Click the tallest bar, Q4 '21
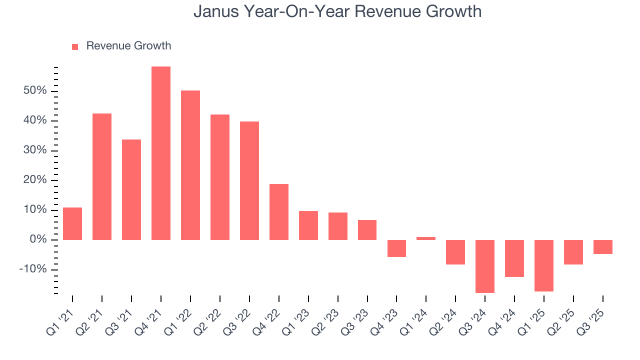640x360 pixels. pyautogui.click(x=161, y=153)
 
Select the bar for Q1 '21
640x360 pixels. pyautogui.click(x=72, y=223)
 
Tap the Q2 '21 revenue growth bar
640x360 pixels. pyautogui.click(x=102, y=176)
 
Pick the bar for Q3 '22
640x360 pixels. pyautogui.click(x=249, y=180)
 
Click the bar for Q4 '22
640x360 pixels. pyautogui.click(x=279, y=212)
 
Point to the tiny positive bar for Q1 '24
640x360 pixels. pyautogui.click(x=426, y=238)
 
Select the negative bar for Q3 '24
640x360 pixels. pyautogui.click(x=485, y=266)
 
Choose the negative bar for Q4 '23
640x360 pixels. pyautogui.click(x=396, y=248)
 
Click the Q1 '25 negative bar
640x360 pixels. pyautogui.click(x=544, y=265)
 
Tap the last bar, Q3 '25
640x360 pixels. pyautogui.click(x=603, y=247)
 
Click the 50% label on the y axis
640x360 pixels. pyautogui.click(x=34, y=91)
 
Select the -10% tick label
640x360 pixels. pyautogui.click(x=33, y=269)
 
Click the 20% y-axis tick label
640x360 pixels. pyautogui.click(x=34, y=180)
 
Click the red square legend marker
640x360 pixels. pyautogui.click(x=75, y=46)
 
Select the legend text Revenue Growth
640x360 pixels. pyautogui.click(x=128, y=46)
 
